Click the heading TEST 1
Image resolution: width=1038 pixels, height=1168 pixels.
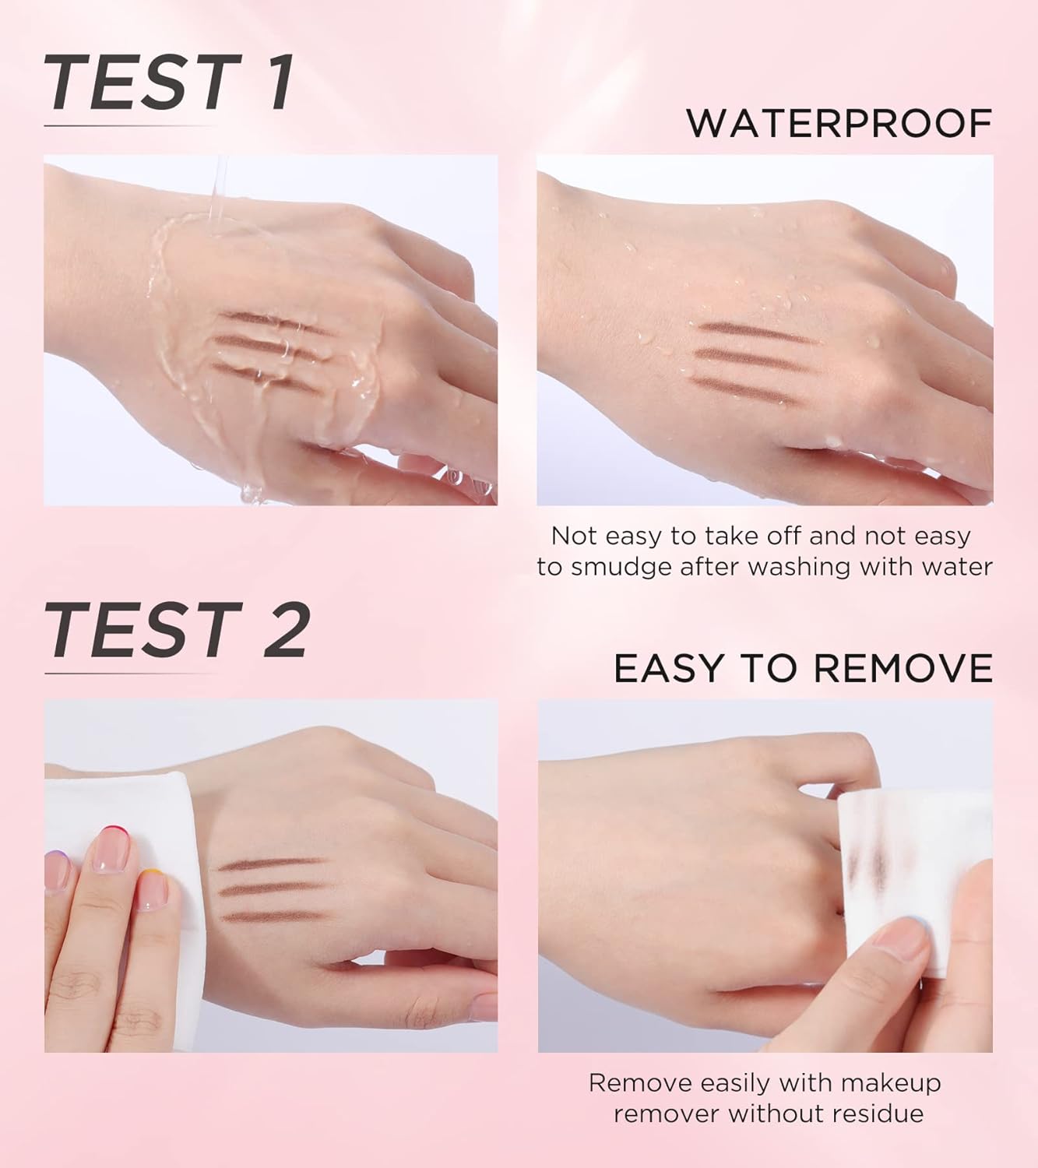coord(168,82)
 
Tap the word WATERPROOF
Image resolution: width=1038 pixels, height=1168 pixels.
coord(839,123)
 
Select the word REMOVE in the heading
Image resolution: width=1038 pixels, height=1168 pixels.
coord(903,669)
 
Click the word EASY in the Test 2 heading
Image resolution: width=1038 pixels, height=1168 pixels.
coord(668,669)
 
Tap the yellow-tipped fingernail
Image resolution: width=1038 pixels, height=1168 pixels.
coord(153,890)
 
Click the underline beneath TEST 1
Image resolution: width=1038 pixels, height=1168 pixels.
coord(130,125)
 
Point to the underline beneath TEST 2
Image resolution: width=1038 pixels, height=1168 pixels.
coord(130,674)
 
